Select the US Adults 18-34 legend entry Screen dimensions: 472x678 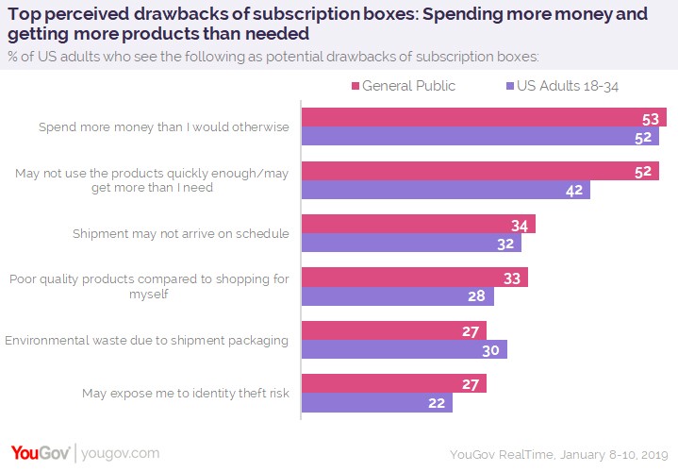pos(571,86)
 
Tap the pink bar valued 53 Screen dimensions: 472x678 pos(483,117)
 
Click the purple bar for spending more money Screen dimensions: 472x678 pos(480,137)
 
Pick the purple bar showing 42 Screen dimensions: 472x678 pos(445,190)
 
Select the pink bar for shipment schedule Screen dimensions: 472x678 pos(418,224)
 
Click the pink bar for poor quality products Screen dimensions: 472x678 pos(414,278)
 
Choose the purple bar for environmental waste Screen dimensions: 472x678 pos(404,349)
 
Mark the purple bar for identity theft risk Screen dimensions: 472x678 pos(377,402)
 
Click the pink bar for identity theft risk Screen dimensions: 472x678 pos(393,383)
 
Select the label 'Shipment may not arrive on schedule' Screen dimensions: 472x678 pos(180,233)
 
